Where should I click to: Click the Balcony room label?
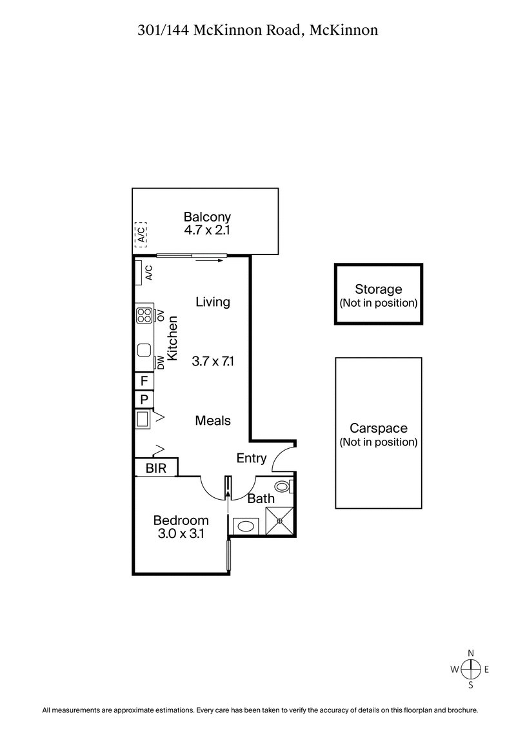207,217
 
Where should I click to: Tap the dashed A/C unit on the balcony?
141,233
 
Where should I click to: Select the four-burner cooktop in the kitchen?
143,315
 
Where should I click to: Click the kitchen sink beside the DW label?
143,351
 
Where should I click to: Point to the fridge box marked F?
144,381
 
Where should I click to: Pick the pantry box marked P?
144,400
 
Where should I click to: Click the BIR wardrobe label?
156,468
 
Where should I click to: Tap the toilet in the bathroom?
283,486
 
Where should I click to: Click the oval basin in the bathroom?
246,526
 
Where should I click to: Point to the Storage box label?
378,290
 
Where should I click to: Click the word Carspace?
378,428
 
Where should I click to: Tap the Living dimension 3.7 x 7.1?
213,362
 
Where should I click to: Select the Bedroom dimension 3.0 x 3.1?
181,533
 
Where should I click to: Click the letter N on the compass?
471,652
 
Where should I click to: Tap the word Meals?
213,420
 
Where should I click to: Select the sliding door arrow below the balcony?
208,261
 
